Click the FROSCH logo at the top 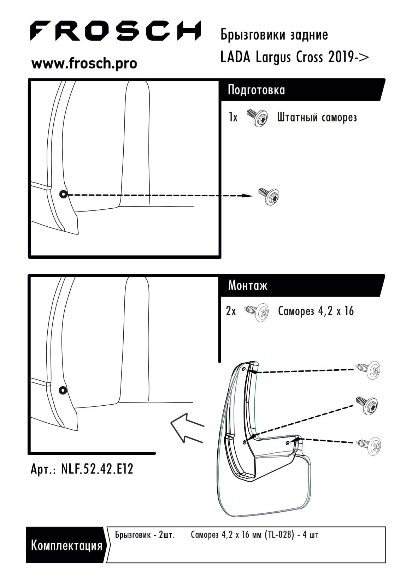coord(115,31)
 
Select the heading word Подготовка coord(256,90)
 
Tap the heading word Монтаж coord(248,286)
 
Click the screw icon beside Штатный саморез coord(257,118)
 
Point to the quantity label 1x coord(233,117)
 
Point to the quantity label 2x coord(231,311)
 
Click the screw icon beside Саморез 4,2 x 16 coord(257,312)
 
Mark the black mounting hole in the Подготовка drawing coord(63,194)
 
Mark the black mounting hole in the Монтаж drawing coord(63,390)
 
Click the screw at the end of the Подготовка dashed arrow coord(269,196)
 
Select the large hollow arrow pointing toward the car coord(187,428)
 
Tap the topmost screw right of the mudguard coord(368,370)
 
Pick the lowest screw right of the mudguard coord(369,446)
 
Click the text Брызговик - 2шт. coord(145,535)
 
